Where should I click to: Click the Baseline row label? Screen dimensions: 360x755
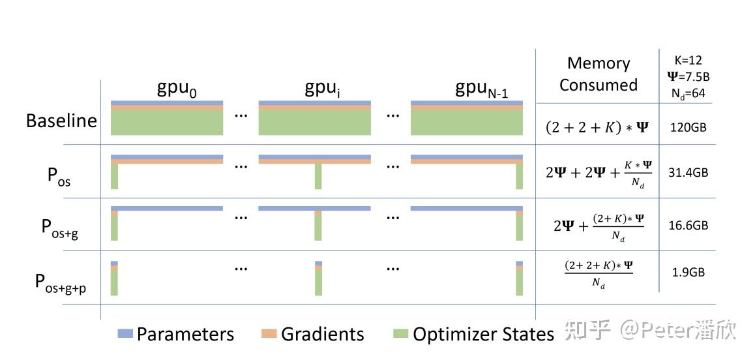pyautogui.click(x=61, y=121)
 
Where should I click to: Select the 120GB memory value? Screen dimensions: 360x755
pyautogui.click(x=688, y=128)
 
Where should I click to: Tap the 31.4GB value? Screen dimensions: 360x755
pyautogui.click(x=688, y=173)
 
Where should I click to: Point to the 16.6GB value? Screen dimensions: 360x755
pyautogui.click(x=688, y=226)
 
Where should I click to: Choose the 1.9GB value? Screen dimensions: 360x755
pyautogui.click(x=688, y=273)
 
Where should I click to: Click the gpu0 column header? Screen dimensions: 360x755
pyautogui.click(x=177, y=90)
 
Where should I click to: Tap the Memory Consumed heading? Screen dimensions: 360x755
pyautogui.click(x=598, y=74)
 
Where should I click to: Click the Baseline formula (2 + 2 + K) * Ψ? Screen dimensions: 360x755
pyautogui.click(x=597, y=128)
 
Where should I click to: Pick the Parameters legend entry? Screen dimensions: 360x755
pyautogui.click(x=176, y=335)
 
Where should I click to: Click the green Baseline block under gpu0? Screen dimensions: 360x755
pyautogui.click(x=167, y=123)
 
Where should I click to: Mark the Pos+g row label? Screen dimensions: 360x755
pyautogui.click(x=60, y=228)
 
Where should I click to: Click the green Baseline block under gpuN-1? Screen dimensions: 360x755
pyautogui.click(x=467, y=123)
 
